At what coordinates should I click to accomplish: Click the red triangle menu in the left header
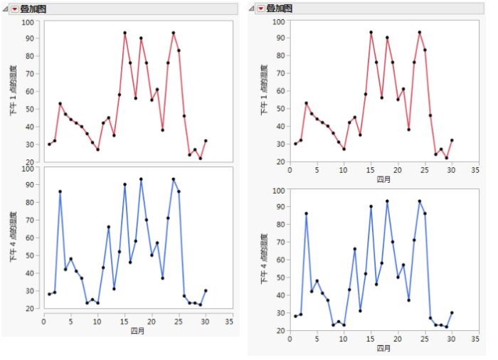(x=14, y=9)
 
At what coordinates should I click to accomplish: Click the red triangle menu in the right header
(x=260, y=9)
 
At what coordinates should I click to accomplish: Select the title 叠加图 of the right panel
(x=280, y=9)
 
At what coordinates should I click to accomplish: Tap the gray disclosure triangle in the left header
(x=5, y=9)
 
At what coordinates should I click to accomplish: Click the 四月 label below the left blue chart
(x=138, y=330)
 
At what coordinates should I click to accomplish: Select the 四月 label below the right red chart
(x=383, y=179)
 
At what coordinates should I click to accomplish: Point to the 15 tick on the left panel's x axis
(x=124, y=321)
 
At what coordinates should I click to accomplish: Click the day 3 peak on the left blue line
(x=60, y=191)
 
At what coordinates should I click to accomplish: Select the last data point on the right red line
(x=452, y=140)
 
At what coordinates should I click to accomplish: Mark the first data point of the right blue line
(x=295, y=316)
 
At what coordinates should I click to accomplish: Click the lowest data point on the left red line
(x=200, y=158)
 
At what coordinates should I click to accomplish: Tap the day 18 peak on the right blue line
(x=387, y=201)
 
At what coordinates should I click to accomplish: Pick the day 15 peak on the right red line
(x=371, y=32)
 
